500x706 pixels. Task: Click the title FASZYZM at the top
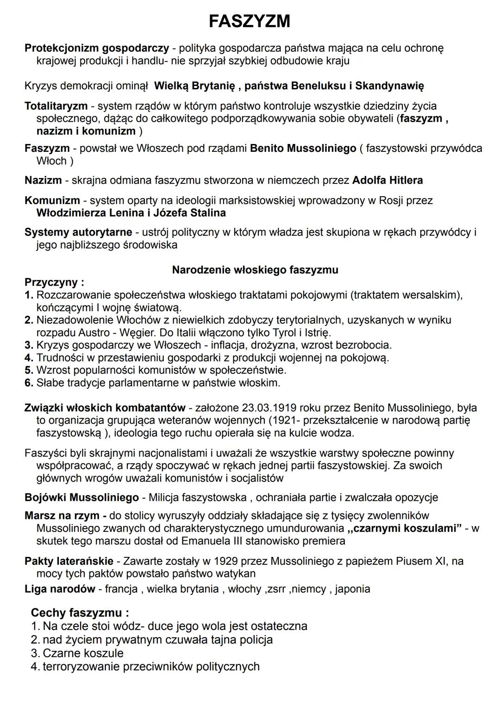250,21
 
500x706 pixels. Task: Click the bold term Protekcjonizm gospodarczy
96,48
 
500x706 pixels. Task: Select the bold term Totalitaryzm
56,106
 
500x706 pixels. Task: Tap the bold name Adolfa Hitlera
387,180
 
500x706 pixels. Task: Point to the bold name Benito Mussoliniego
303,149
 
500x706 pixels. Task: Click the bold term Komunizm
52,200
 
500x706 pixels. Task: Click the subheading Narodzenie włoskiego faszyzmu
255,270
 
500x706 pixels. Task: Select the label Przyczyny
54,282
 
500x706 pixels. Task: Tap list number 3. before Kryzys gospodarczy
29,345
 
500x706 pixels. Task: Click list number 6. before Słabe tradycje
29,383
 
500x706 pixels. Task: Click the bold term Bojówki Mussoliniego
81,498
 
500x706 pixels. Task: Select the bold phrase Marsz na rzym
65,516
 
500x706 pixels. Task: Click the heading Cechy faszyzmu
80,613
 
